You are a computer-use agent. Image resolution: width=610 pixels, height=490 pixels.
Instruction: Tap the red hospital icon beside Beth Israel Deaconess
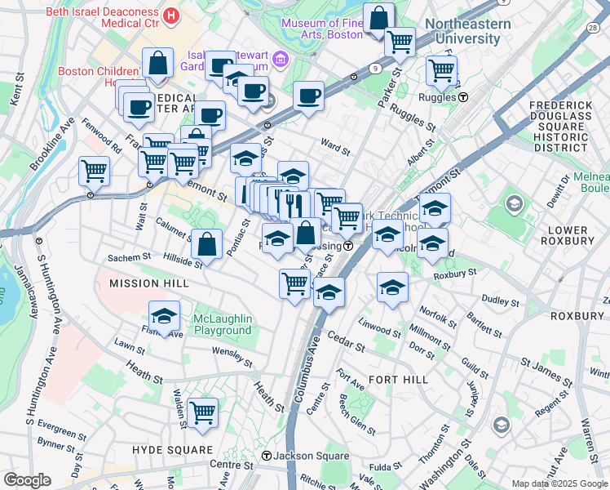coord(171,15)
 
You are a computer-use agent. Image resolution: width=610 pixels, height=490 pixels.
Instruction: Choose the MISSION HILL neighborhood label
coord(148,283)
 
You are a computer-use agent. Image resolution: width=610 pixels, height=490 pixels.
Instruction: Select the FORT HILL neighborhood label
coord(398,380)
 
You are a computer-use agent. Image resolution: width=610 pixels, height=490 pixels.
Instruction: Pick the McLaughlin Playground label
coord(223,324)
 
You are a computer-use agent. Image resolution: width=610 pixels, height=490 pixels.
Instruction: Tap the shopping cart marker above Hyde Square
coord(201,412)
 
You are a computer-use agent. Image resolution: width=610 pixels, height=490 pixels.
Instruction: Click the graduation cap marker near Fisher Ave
coord(164,316)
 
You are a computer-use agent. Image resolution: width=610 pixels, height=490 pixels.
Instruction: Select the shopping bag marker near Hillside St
coord(207,243)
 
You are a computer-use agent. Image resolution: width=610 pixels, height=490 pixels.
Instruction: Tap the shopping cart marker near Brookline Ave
coord(94,171)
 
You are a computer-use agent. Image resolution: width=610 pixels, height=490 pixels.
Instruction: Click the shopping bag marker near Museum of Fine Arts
coord(379,17)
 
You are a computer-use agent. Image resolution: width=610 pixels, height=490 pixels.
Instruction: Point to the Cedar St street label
coord(346,338)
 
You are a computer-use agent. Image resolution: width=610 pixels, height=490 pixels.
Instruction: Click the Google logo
coord(27,480)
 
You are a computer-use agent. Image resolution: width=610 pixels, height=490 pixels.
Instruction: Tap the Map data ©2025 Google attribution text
coord(559,483)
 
